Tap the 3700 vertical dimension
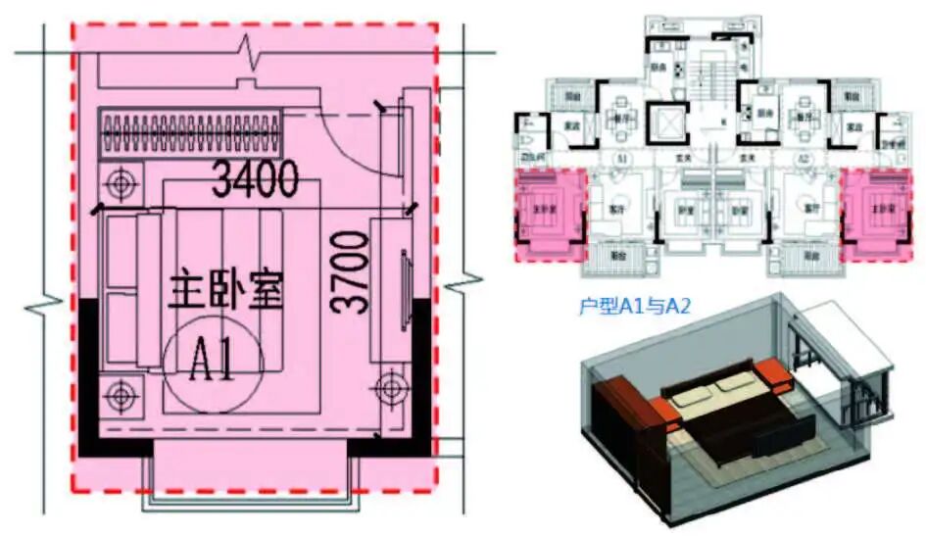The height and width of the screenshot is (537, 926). pos(351,269)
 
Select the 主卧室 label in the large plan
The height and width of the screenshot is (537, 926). pos(226,291)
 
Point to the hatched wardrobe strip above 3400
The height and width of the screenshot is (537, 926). pos(192,133)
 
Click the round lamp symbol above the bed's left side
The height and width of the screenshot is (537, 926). pos(122,182)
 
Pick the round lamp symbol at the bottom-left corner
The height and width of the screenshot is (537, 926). pos(122,394)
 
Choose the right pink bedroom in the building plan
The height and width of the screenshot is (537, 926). pos(876,211)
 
